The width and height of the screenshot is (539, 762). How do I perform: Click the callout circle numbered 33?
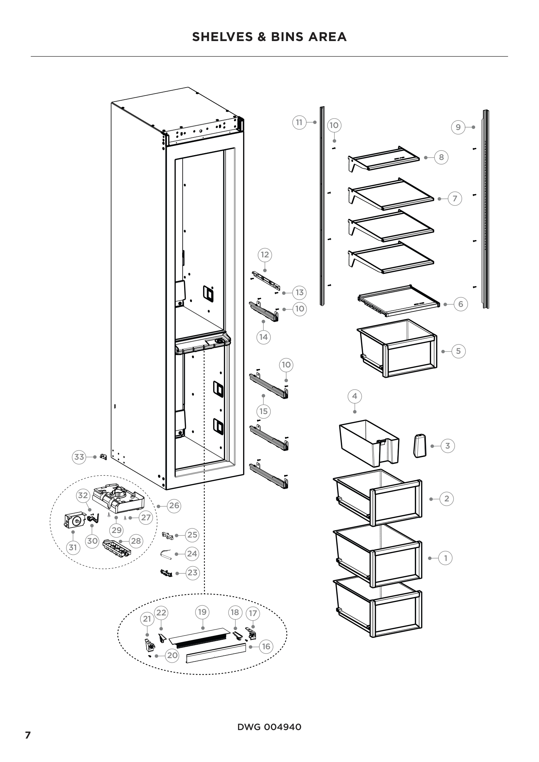point(79,457)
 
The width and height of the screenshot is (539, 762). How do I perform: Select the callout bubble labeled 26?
point(174,506)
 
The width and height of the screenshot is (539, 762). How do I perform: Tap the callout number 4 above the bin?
point(355,396)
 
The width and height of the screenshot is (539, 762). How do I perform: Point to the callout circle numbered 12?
point(265,255)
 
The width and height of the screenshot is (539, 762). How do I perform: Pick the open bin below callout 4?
point(369,443)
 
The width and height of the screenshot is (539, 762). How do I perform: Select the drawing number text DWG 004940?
point(269,727)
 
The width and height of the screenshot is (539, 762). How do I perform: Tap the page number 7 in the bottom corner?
point(28,735)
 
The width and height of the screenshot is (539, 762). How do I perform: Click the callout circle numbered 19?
point(202,612)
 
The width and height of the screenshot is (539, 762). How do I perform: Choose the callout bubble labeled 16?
point(266,646)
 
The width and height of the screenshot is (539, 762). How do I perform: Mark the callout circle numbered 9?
point(458,127)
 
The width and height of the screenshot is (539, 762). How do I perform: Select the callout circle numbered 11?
point(299,122)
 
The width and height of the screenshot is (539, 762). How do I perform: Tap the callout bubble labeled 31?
point(73,547)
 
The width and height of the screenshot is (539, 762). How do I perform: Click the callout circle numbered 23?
point(192,572)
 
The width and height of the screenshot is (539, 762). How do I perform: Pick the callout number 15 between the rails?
point(264,411)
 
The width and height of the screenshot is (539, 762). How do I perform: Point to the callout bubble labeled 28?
point(136,541)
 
